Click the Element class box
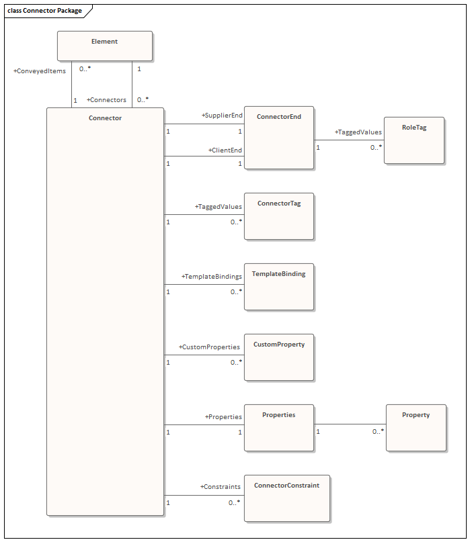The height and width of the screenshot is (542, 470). tap(104, 46)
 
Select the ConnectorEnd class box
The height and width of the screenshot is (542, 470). tap(278, 137)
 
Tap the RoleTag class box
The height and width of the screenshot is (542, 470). tap(414, 140)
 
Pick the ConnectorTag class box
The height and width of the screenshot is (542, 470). tap(278, 216)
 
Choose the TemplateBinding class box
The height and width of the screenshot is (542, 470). tap(278, 286)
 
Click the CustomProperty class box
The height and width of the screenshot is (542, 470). tap(278, 357)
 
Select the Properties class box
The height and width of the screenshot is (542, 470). tap(278, 427)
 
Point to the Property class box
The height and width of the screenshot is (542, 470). tap(416, 427)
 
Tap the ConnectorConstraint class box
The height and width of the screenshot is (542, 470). tap(286, 498)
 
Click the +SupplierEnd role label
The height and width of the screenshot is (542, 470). tap(222, 116)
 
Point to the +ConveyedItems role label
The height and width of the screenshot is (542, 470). tap(40, 71)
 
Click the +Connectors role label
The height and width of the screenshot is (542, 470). tap(106, 100)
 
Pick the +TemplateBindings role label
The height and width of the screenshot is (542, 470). tap(212, 276)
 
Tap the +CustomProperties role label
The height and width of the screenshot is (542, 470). tap(209, 347)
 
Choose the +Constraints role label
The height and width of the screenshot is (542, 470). tap(220, 486)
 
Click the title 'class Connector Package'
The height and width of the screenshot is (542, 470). tap(44, 11)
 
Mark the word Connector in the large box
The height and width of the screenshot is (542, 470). tap(105, 118)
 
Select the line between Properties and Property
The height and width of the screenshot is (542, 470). tap(350, 424)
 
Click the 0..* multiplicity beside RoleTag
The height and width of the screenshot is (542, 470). tap(376, 147)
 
